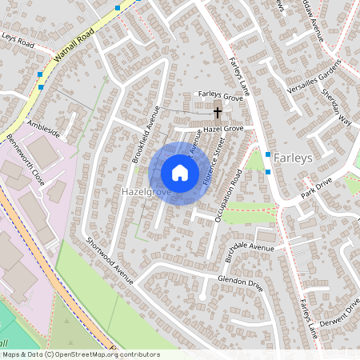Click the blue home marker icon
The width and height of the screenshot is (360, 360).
click(179, 173)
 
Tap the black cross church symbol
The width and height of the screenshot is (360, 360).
click(218, 111)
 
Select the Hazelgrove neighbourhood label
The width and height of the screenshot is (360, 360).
click(143, 193)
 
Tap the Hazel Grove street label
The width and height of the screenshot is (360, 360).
click(222, 128)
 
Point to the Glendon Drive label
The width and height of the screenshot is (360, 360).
click(240, 281)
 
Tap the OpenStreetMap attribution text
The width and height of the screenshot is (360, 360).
click(80, 354)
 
